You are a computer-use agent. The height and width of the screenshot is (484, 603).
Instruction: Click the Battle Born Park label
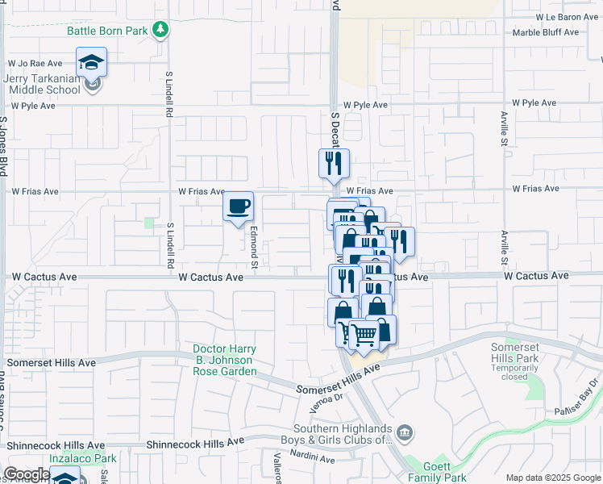click(x=108, y=31)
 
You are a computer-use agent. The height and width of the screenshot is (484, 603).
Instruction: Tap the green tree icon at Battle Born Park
click(x=162, y=30)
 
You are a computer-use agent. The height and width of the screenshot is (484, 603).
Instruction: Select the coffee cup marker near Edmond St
click(x=238, y=207)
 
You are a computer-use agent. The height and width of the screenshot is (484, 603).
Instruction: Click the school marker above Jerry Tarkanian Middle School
click(x=91, y=62)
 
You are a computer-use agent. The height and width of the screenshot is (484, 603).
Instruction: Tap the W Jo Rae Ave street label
click(x=35, y=62)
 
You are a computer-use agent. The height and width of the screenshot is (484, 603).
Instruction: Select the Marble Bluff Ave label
click(x=546, y=33)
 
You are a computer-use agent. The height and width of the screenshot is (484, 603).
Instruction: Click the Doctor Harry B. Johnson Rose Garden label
click(x=225, y=361)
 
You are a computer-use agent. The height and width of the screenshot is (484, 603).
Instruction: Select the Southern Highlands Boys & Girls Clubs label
click(x=343, y=434)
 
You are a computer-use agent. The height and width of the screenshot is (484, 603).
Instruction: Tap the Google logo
click(x=27, y=474)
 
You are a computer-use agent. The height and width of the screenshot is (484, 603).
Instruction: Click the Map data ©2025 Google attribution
click(x=552, y=478)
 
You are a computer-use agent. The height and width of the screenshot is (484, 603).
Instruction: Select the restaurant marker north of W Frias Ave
click(x=334, y=165)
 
